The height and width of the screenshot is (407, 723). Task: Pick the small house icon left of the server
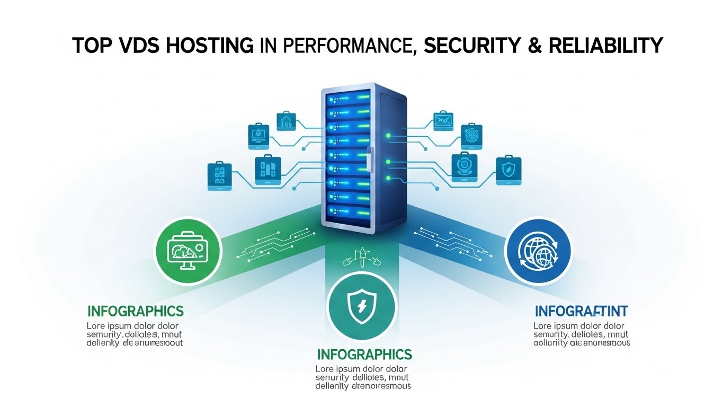[x=285, y=121]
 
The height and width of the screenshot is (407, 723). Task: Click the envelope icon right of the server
[x=443, y=121]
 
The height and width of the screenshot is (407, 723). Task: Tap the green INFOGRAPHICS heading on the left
[x=136, y=311]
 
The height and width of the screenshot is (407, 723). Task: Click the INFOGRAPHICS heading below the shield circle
[x=364, y=353]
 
